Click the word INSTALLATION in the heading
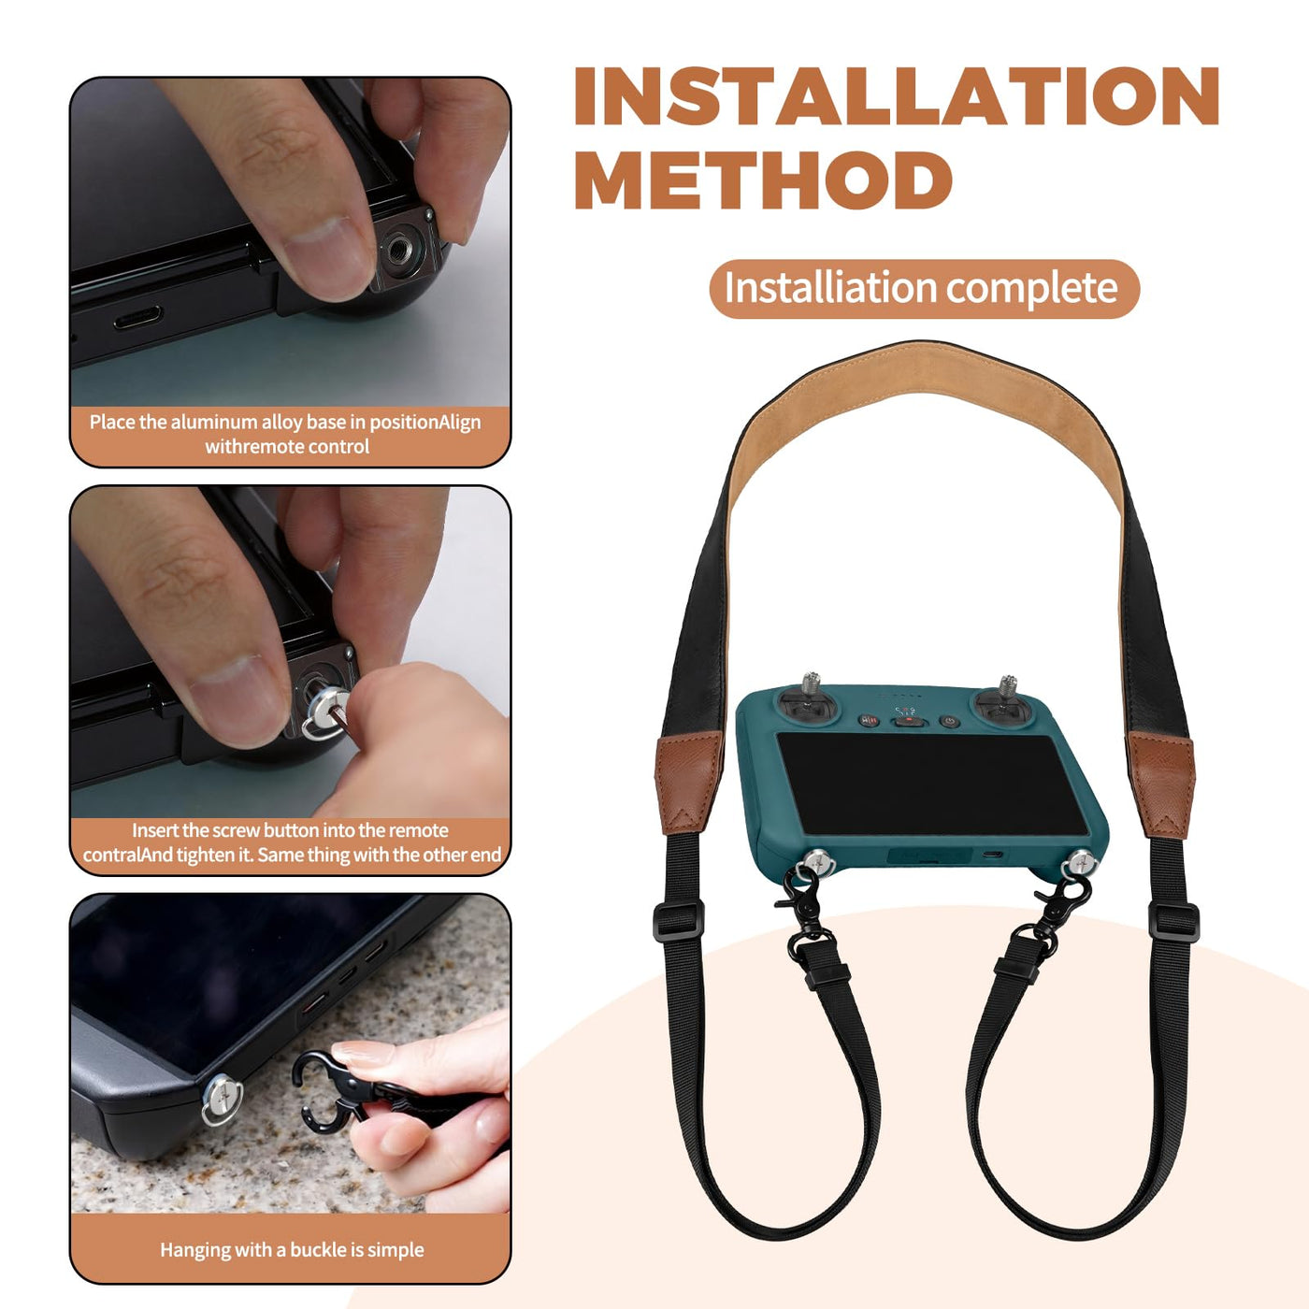897,95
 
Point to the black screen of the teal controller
932,784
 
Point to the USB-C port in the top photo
137,317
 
